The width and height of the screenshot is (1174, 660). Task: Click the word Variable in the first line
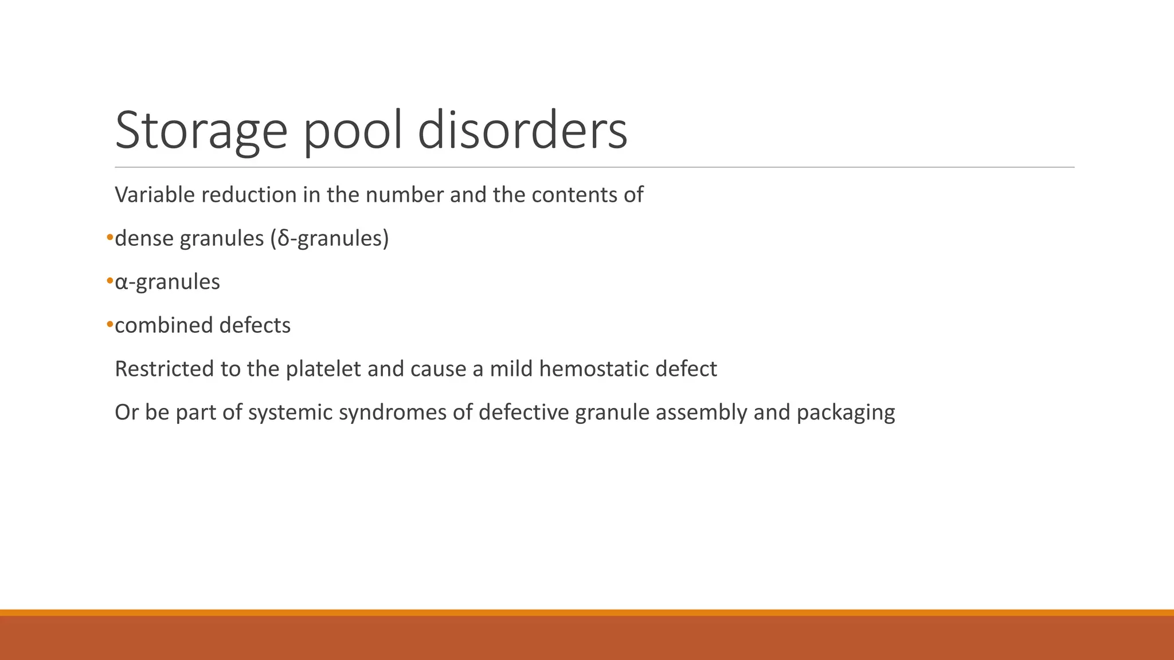pyautogui.click(x=154, y=195)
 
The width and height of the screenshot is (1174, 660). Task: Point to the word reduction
pyautogui.click(x=249, y=195)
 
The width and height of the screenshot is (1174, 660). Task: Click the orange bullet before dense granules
pyautogui.click(x=109, y=238)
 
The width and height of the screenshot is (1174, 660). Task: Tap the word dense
pyautogui.click(x=144, y=238)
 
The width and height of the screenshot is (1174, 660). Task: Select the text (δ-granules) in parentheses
pyautogui.click(x=329, y=238)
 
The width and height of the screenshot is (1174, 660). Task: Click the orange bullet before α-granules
pyautogui.click(x=109, y=281)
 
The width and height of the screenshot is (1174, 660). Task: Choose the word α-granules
pyautogui.click(x=167, y=282)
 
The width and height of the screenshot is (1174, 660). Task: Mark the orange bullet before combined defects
pyautogui.click(x=109, y=325)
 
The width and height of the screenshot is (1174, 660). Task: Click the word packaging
pyautogui.click(x=846, y=412)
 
